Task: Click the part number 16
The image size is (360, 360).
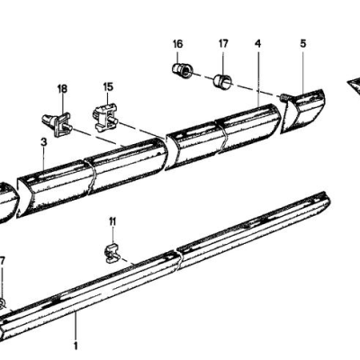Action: tap(176, 43)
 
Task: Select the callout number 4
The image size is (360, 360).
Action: tap(258, 43)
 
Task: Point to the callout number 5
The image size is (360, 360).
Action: tap(303, 43)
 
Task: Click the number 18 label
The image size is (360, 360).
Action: tap(62, 88)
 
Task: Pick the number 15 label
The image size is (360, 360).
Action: tap(108, 88)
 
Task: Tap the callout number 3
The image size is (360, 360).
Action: tap(43, 143)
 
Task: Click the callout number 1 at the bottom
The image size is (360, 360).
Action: tap(76, 345)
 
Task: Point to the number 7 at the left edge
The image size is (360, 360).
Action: tap(3, 261)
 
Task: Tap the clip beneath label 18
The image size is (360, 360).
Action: tap(56, 122)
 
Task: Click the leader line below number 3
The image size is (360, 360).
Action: tap(43, 158)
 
